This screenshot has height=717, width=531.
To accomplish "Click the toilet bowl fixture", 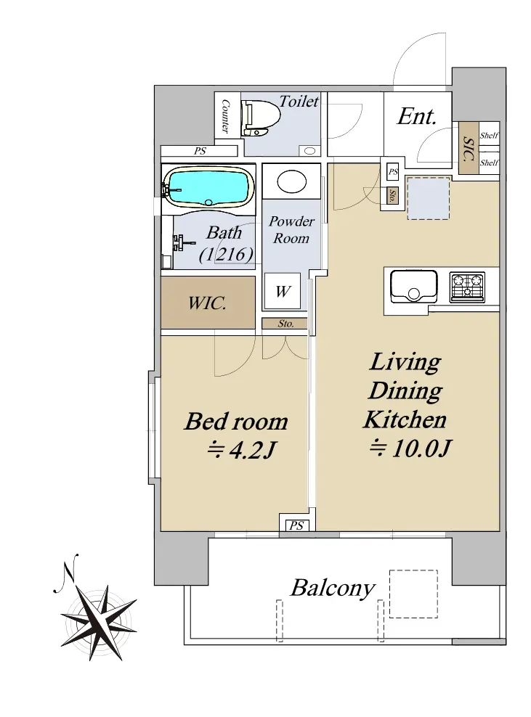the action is (x=262, y=118).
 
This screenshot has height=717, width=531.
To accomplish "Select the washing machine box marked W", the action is (x=283, y=291).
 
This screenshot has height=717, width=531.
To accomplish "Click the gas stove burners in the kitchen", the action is (x=467, y=287).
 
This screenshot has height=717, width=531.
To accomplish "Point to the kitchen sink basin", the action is (x=414, y=286).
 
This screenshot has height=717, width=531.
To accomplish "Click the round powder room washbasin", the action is (x=291, y=181).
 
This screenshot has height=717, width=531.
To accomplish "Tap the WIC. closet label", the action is (x=207, y=303).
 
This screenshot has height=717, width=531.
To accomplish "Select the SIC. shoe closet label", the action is (x=469, y=149).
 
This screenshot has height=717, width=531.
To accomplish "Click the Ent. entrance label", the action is (x=416, y=116).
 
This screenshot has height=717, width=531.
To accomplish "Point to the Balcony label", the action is (x=333, y=588).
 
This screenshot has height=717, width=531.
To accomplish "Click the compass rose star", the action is (x=98, y=623).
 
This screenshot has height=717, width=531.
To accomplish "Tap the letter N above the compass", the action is (x=69, y=569).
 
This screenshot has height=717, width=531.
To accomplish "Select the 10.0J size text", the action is (x=410, y=448).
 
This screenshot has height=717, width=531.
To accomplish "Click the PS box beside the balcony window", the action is (x=296, y=525).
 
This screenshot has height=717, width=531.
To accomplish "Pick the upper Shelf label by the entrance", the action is (x=490, y=136).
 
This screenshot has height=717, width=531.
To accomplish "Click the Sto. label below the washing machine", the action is (x=285, y=324).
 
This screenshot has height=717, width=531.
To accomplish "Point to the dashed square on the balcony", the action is (x=413, y=594).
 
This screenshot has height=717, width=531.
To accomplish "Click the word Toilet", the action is (x=299, y=101).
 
